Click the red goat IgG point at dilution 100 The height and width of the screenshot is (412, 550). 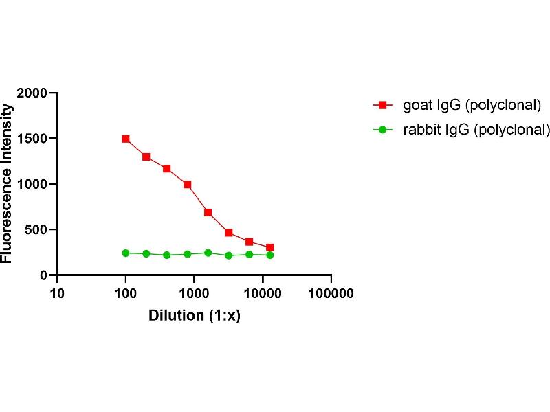[x=126, y=139]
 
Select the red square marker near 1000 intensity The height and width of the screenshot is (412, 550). [x=187, y=184]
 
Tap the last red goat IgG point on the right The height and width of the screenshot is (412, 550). [x=269, y=247]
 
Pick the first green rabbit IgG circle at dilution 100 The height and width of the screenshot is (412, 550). [x=126, y=253]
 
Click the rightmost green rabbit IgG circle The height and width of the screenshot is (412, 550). [x=269, y=255]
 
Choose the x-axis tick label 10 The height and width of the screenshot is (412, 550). [x=57, y=293]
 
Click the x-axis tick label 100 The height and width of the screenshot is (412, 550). [x=126, y=293]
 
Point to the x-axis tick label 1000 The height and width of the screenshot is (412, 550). [x=194, y=293]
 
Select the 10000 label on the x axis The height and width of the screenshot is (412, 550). [x=263, y=293]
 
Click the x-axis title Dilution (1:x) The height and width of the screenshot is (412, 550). [x=194, y=317]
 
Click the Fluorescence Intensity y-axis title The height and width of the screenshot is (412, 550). [x=8, y=184]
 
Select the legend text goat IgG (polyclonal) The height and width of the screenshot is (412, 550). [x=472, y=105]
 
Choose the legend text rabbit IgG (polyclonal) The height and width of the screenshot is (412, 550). [x=476, y=128]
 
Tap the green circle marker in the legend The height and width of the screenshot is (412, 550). [x=382, y=129]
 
